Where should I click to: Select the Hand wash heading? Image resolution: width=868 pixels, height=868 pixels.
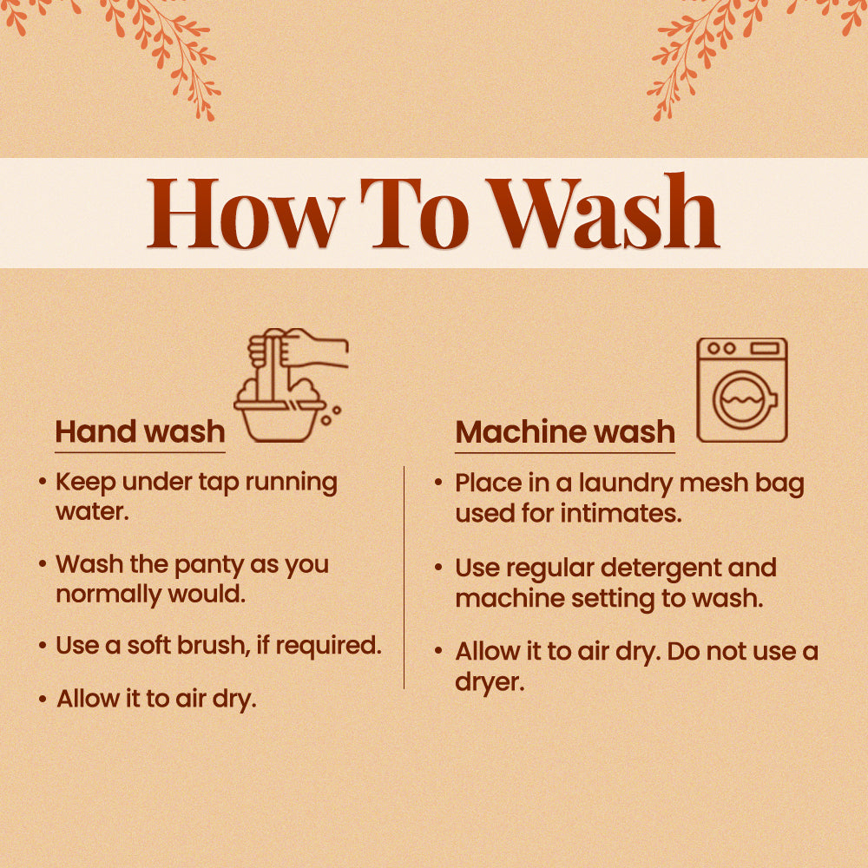click(140, 431)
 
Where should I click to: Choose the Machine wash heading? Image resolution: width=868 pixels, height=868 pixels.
click(565, 431)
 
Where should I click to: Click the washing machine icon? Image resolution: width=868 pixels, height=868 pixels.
click(742, 390)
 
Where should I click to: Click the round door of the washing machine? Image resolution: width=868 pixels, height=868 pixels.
click(744, 399)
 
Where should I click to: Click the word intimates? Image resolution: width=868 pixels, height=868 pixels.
click(621, 513)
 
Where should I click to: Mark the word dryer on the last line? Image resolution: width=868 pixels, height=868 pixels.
click(490, 682)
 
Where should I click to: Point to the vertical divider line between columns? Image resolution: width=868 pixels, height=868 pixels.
click(404, 577)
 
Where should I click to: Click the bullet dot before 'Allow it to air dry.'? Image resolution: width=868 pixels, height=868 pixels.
click(43, 699)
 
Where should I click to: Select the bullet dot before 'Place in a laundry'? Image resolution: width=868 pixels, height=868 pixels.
click(438, 483)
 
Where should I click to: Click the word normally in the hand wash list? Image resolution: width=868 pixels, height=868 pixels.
click(108, 595)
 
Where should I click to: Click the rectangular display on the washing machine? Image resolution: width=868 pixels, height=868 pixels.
click(765, 348)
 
